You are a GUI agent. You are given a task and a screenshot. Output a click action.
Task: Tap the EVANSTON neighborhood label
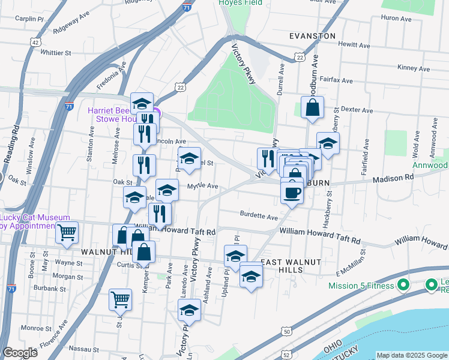coord(312,36)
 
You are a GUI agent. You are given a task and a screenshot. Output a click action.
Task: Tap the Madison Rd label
coord(393,178)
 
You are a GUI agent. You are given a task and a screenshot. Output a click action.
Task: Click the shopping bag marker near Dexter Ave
coord(312,109)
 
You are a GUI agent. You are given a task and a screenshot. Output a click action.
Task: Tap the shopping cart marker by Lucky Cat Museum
coord(67,232)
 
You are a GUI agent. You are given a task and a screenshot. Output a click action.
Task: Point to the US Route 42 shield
coord(37,42)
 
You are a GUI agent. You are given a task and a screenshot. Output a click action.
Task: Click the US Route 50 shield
coord(288,331)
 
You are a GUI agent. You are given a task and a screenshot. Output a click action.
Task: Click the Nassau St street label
coord(83,349)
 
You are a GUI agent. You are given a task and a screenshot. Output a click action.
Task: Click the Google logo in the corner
coord(20,353)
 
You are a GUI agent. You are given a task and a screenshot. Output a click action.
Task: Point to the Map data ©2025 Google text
coord(412,355)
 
